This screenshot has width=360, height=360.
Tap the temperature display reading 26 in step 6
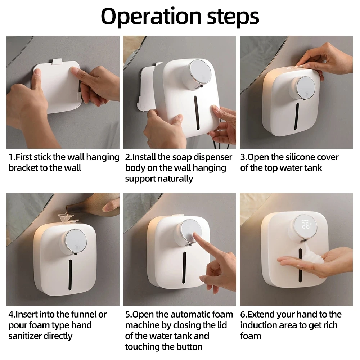306,225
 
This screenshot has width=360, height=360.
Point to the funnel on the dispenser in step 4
66,219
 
